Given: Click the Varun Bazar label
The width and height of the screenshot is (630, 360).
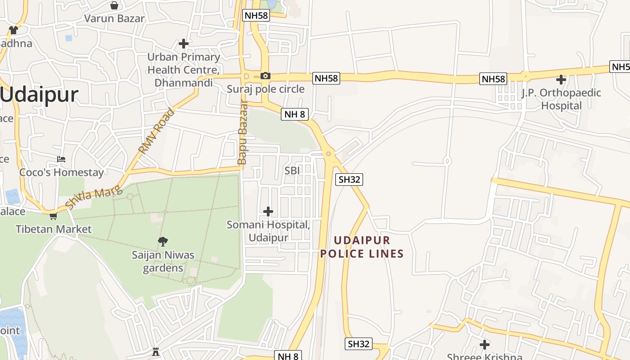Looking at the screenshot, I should (115, 18).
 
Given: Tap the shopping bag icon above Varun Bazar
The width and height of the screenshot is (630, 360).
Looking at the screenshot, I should (114, 5).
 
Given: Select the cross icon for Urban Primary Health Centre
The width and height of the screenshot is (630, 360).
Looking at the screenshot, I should (183, 44).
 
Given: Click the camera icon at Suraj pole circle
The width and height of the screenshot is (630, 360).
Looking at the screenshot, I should (265, 76).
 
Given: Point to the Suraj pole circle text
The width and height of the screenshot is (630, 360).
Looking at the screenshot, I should (265, 89).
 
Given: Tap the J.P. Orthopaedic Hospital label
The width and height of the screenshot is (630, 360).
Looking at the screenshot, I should (561, 99).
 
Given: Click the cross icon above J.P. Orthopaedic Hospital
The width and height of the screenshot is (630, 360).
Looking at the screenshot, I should (561, 80).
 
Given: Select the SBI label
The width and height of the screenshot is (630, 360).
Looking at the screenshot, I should (292, 170).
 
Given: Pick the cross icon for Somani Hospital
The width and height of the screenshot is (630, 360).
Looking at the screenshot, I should (268, 211).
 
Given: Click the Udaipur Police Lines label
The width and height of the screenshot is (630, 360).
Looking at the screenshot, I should (362, 247).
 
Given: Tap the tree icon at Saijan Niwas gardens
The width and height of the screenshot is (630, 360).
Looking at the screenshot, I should (163, 242).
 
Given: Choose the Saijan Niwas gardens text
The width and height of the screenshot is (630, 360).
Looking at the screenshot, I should (163, 261).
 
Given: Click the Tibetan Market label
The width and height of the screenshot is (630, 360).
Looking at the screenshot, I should (54, 229).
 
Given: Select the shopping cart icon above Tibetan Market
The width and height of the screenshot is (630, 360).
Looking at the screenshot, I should (53, 216).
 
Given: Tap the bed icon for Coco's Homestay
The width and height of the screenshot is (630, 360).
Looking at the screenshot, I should (61, 159).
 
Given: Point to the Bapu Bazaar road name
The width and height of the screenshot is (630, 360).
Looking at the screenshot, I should (243, 132).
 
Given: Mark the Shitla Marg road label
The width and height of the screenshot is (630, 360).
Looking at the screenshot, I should (94, 197).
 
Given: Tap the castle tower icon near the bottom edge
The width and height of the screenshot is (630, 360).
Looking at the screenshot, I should (156, 351).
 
